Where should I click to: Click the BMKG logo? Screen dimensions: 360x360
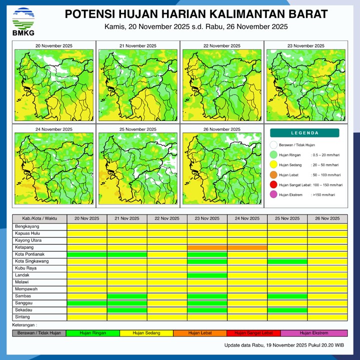pos(23,21)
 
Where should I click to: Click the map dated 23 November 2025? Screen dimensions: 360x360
pos(305,84)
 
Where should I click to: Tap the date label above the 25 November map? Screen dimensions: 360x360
pos(138,129)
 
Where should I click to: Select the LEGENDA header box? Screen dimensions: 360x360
pos(304,133)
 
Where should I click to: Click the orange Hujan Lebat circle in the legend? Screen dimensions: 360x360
pos(273,175)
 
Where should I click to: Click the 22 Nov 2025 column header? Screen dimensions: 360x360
pos(167,219)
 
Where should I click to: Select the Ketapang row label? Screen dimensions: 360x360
pos(25,247)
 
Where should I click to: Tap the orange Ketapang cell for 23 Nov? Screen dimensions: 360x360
pos(207,247)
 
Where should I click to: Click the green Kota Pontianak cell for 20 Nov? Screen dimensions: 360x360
pos(87,254)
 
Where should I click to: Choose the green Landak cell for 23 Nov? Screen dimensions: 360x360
pos(207,275)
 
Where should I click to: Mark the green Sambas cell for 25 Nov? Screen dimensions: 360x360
pos(287,296)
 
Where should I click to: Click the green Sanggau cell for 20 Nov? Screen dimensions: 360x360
pos(87,303)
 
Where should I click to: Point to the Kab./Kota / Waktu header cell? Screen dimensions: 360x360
pos(39,219)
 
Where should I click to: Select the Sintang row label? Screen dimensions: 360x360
pos(22,317)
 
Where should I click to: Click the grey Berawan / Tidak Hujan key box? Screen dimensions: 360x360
pos(39,333)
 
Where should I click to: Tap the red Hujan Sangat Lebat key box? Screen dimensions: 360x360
pos(253,333)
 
